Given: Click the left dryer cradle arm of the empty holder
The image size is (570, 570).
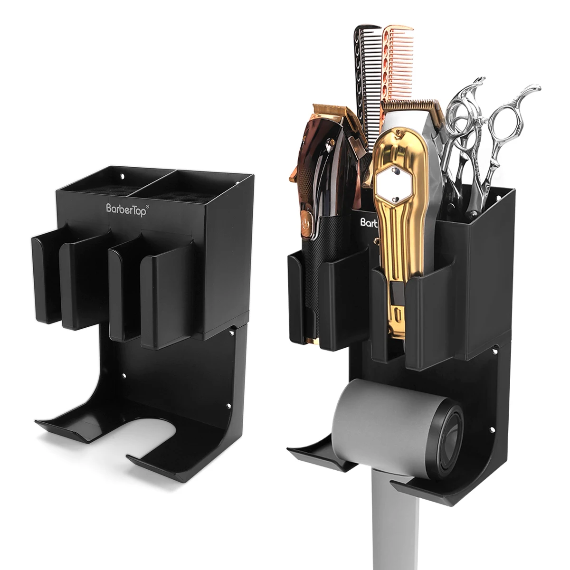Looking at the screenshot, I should pyautogui.click(x=71, y=427).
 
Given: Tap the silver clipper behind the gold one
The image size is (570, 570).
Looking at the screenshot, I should pyautogui.click(x=430, y=142).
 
